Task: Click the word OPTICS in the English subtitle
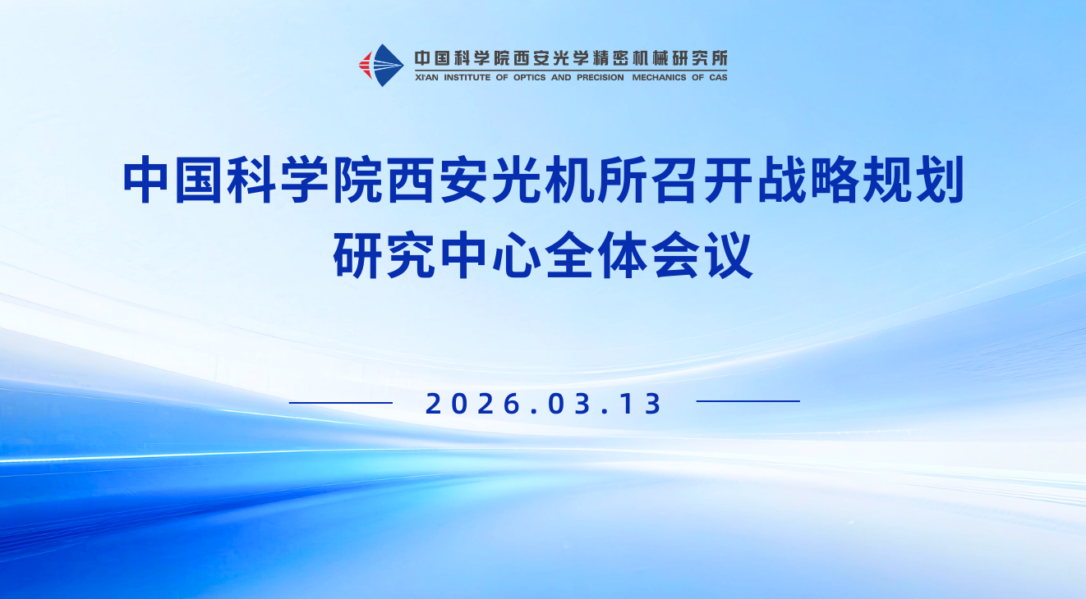[529, 77]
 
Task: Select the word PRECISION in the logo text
[601, 77]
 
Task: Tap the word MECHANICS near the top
[659, 77]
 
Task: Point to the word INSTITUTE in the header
[467, 77]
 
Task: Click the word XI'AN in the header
[426, 77]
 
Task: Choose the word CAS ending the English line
[718, 77]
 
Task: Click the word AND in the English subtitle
[561, 77]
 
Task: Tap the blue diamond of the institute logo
[385, 66]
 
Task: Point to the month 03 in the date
[569, 404]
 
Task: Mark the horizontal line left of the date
[341, 402]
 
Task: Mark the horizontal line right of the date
[748, 401]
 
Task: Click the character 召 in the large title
[675, 179]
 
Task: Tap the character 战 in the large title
[781, 179]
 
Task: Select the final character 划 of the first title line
[939, 179]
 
